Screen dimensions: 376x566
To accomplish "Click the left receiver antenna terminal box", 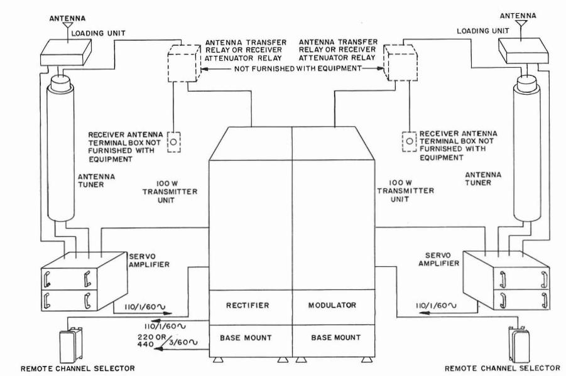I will (x=176, y=142).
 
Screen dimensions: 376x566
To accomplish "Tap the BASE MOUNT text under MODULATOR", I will (x=334, y=338).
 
